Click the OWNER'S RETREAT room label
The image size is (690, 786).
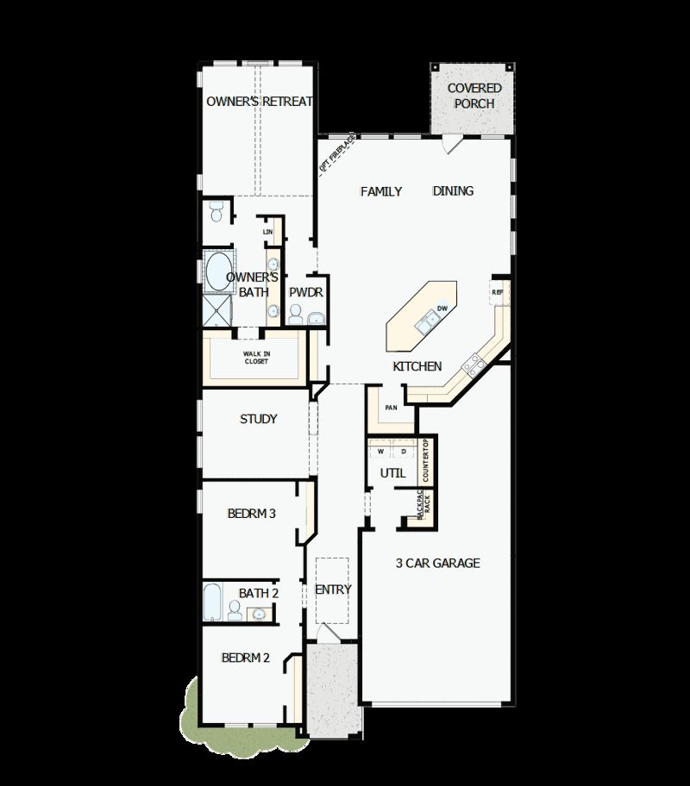(259, 102)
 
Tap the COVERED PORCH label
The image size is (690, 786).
(474, 96)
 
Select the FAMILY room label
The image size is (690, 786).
(380, 191)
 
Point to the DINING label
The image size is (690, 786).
(453, 191)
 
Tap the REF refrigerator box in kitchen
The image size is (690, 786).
(498, 292)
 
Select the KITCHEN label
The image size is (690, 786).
(417, 366)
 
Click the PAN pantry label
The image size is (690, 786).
(391, 408)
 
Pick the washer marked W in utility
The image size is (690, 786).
(380, 452)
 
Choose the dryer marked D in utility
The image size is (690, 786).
(403, 452)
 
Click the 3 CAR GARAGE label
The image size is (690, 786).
(437, 564)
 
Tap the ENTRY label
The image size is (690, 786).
(333, 589)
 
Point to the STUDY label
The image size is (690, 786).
(258, 419)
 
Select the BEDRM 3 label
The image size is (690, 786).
(252, 514)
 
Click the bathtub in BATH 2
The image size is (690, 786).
(212, 601)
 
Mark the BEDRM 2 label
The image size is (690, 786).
(246, 658)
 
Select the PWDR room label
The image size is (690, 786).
(305, 293)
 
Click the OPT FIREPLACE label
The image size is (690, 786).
(336, 153)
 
